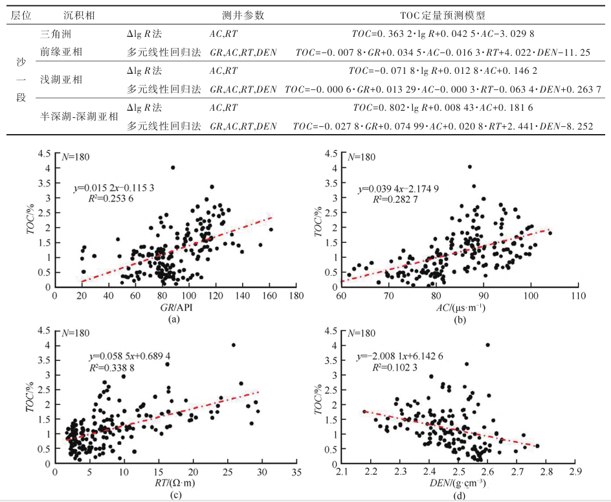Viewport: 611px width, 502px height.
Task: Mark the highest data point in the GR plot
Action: pos(173,168)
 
